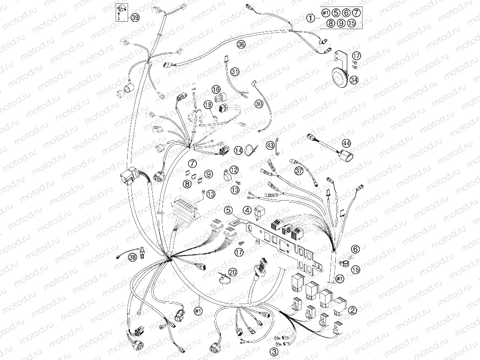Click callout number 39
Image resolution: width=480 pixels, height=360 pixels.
point(135,18)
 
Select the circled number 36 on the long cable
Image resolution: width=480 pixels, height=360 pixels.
point(240,44)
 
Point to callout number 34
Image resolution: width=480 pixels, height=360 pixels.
point(354,79)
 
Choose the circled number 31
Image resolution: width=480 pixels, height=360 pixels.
point(235,72)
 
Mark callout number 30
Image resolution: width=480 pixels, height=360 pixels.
point(258,104)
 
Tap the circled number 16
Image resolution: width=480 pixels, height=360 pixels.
point(216,89)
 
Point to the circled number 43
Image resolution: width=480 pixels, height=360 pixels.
point(271,145)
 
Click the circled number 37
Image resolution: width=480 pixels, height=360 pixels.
point(299,171)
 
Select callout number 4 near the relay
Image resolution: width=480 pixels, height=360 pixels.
point(248,211)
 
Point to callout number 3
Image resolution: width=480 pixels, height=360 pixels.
point(274,352)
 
